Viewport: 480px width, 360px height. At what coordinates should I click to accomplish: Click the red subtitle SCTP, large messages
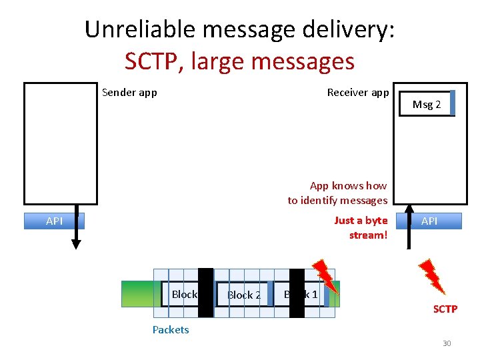pos(239,61)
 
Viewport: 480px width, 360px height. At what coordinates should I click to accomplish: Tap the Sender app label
pos(129,93)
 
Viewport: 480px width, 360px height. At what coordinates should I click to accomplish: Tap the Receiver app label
pos(357,93)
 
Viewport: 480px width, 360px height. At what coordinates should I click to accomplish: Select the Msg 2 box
pos(427,104)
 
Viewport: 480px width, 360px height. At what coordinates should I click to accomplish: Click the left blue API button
pos(54,221)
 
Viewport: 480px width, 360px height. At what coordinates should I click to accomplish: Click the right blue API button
pos(429,221)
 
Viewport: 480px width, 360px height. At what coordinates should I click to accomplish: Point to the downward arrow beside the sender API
pos(77,230)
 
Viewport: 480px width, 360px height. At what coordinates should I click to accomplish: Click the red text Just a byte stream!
pos(361,227)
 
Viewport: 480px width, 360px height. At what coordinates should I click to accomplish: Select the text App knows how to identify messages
pos(338,193)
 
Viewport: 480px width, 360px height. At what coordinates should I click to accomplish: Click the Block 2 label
pos(243,295)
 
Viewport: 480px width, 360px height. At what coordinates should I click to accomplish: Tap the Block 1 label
pos(301,294)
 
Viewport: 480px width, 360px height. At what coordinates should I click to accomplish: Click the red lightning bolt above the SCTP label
pos(431,275)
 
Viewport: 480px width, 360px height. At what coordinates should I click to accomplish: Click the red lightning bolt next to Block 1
pos(327,277)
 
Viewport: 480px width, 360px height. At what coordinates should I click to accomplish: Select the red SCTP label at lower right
pos(445,309)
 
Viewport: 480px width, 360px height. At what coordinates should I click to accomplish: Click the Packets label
pos(171,329)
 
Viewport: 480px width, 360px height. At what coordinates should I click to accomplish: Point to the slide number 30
pos(447,343)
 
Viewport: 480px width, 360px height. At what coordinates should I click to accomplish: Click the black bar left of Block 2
pos(206,293)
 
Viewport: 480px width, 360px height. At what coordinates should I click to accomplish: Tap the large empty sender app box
pos(60,143)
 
